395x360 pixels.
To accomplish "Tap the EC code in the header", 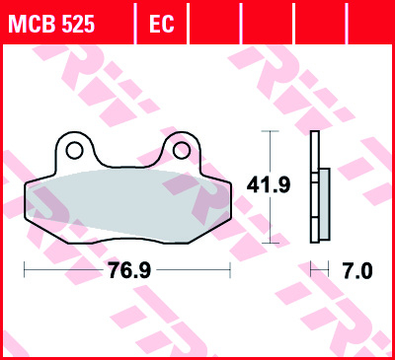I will point(161,23).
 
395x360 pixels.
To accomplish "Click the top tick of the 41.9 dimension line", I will point(267,131).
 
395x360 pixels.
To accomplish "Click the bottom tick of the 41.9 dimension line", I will point(267,242).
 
